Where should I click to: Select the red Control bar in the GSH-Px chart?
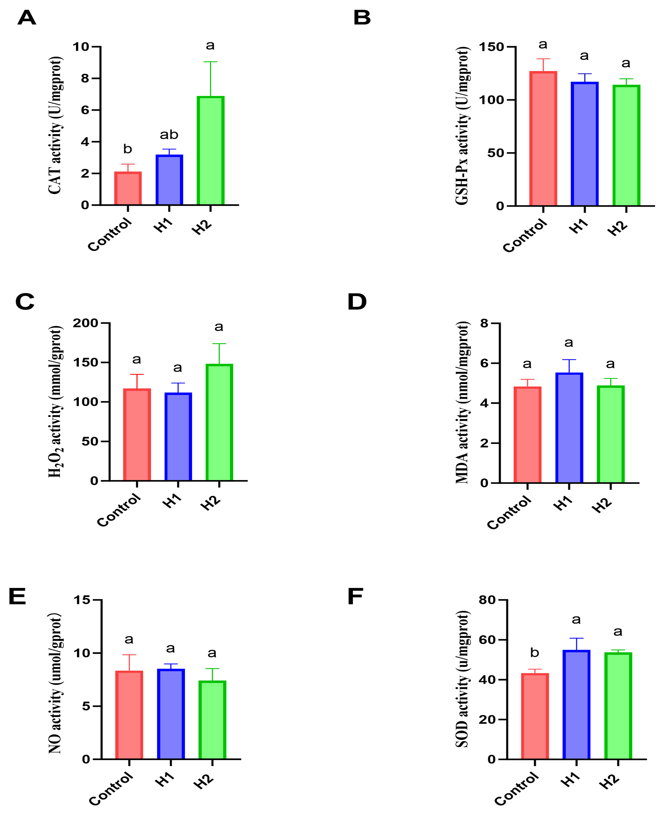[543, 138]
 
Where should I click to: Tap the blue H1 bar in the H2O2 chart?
[178, 437]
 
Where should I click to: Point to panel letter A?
[27, 18]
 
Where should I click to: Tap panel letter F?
[355, 597]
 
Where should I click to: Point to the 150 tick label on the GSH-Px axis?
[491, 47]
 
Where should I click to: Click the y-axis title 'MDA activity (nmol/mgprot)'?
[462, 403]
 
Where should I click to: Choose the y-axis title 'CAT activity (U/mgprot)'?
[55, 126]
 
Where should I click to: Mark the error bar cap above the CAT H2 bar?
[211, 62]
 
